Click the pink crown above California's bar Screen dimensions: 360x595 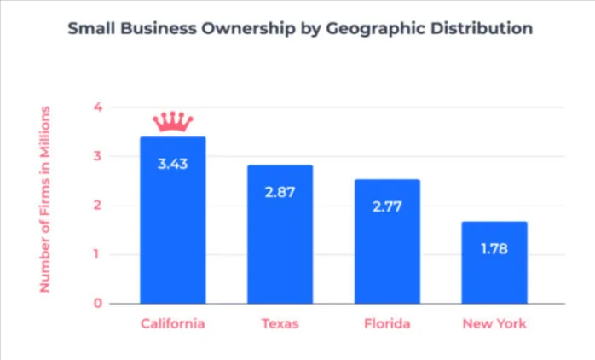tap(172, 122)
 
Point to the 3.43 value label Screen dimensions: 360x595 tap(172, 163)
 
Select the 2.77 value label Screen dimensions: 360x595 tap(387, 206)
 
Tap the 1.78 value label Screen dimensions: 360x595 tap(494, 249)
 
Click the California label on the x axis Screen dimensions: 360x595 tap(172, 324)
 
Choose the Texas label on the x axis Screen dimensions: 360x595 tap(280, 324)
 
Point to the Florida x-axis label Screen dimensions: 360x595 tap(387, 324)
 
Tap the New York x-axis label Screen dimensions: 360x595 tap(494, 324)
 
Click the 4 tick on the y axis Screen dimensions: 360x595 tap(98, 107)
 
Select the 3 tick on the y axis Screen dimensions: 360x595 tap(98, 156)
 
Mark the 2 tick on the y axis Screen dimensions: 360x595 tap(98, 206)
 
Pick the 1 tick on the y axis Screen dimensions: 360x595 tap(98, 254)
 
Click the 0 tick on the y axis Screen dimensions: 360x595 tap(98, 303)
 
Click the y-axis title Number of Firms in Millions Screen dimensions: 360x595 tap(45, 200)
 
